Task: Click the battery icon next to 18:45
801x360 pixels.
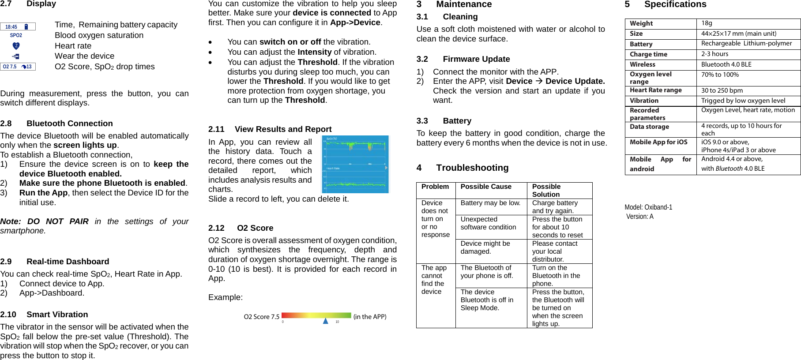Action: click(26, 27)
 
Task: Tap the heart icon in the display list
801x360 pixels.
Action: click(16, 46)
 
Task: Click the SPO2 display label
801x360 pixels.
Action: click(16, 35)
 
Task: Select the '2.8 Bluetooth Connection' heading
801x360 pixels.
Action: click(56, 124)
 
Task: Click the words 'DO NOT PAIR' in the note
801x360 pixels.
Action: click(58, 221)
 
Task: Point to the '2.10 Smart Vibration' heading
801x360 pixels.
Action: click(44, 315)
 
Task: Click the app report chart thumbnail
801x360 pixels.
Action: click(355, 164)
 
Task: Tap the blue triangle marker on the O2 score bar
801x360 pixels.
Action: click(325, 321)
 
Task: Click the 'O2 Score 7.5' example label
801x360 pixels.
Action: click(261, 317)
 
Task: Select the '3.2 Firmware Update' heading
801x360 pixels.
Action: click(463, 59)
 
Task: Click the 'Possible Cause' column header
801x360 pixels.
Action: click(486, 187)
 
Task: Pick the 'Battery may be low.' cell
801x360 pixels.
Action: click(490, 203)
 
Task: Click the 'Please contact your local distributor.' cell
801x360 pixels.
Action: click(555, 251)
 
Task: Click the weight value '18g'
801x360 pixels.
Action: click(707, 23)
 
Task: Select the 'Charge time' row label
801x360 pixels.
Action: click(648, 54)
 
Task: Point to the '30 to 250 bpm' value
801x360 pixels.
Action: click(722, 90)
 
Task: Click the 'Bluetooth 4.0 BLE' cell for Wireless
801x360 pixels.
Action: click(726, 64)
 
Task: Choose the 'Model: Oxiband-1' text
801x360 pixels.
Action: click(648, 207)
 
